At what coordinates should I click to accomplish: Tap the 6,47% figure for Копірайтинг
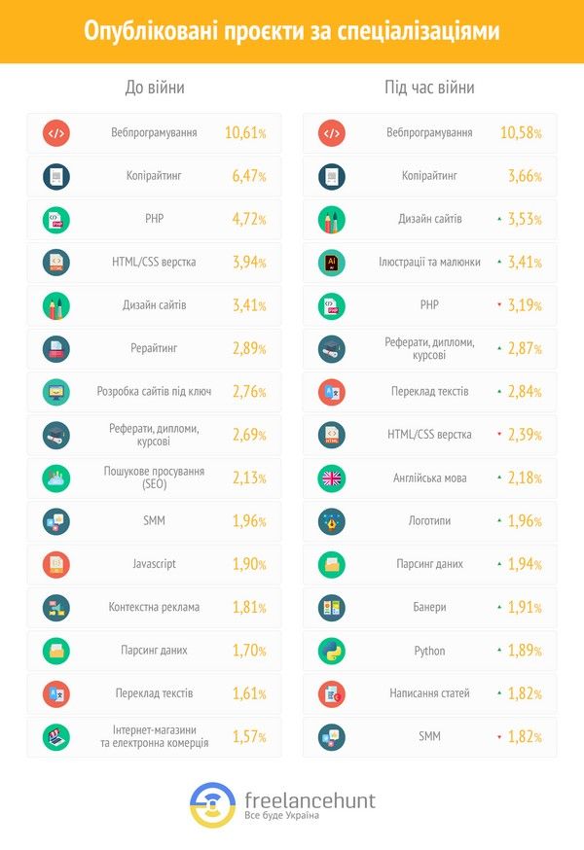click(x=248, y=176)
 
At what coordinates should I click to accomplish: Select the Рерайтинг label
click(x=153, y=348)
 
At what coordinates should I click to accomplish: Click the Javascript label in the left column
click(x=153, y=564)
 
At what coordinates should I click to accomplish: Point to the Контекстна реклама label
click(x=154, y=607)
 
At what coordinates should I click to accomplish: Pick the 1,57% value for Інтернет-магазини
click(x=248, y=736)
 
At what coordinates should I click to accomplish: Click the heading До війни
click(x=155, y=89)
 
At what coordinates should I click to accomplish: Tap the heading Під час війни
click(x=429, y=89)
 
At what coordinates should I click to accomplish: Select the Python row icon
click(x=332, y=651)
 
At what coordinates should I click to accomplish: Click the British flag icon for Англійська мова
click(x=332, y=478)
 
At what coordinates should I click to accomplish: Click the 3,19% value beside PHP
click(x=526, y=305)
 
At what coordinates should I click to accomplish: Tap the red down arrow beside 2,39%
click(x=498, y=434)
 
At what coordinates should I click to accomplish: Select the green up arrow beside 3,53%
click(x=498, y=219)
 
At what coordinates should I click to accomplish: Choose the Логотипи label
click(x=429, y=521)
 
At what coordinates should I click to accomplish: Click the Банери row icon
click(x=332, y=608)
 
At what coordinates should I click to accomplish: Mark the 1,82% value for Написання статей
click(x=526, y=693)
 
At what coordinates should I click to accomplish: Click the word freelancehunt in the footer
click(x=310, y=799)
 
